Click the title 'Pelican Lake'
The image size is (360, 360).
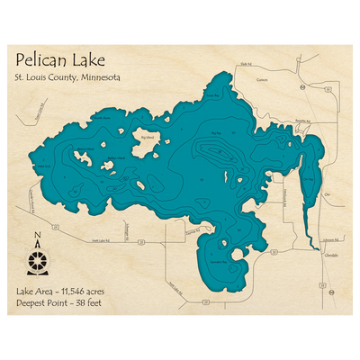tap(59, 61)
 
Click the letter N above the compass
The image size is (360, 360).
tap(37, 238)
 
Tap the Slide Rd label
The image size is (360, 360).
tap(245, 64)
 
